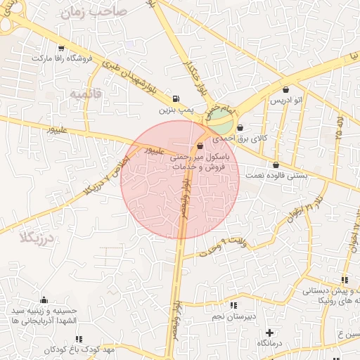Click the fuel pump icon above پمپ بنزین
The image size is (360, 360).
pos(174,98)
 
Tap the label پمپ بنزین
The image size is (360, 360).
pos(174,110)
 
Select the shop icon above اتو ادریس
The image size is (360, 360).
pos(286,90)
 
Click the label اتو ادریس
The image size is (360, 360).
pos(286,102)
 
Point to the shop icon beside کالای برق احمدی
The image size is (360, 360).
pos(241,128)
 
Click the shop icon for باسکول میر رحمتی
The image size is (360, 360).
pos(200,146)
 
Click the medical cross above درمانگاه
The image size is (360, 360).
pos(269,332)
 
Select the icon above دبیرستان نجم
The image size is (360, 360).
pos(233,305)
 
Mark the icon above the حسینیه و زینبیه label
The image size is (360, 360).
pos(44,300)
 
